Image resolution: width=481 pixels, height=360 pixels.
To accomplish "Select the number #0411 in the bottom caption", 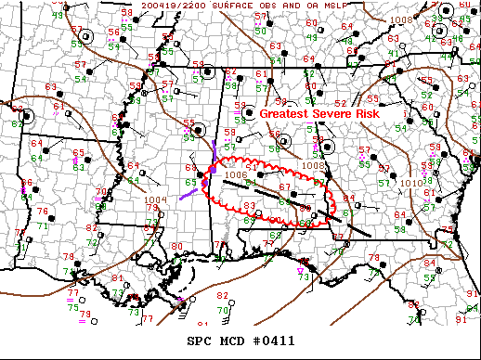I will [275, 341].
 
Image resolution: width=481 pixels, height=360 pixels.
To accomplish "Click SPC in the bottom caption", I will [199, 341].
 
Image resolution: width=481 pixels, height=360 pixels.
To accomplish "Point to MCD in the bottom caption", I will [232, 341].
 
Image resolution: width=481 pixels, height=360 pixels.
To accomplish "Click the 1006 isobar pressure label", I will [236, 174].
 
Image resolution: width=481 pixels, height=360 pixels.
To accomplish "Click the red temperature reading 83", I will [249, 204].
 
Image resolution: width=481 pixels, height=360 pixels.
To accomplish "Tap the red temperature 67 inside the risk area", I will [284, 187].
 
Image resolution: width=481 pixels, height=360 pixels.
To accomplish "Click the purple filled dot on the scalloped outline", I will [211, 170].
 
